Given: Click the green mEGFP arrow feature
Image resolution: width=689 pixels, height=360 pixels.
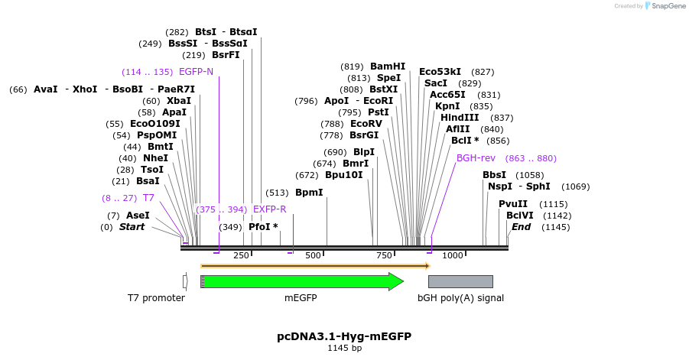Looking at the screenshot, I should (x=301, y=281).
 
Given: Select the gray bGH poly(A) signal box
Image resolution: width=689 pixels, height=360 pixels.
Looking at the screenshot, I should (x=460, y=281).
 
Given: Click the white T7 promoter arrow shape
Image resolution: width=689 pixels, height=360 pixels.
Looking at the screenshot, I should (x=185, y=281).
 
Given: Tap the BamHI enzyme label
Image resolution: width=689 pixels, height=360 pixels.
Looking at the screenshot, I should (x=388, y=66).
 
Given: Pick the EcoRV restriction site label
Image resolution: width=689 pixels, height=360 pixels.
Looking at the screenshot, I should (x=366, y=123).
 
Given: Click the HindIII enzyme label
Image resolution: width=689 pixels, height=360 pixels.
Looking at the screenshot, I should (x=460, y=118).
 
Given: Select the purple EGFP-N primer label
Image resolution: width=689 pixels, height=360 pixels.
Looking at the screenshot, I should (x=196, y=72).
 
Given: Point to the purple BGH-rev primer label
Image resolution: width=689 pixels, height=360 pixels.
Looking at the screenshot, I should (x=476, y=158).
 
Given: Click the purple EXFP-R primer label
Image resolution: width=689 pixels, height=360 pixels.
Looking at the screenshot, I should (x=269, y=209).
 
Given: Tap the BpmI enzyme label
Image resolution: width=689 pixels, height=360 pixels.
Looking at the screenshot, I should (x=309, y=193).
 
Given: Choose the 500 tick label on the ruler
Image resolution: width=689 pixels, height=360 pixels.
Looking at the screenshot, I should (x=313, y=255).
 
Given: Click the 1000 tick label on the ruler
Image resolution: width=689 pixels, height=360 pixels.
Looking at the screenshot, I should (x=453, y=255).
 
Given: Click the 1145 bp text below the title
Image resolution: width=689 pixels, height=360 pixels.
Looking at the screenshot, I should (x=344, y=349).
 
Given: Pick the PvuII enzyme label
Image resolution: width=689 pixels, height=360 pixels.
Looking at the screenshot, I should (x=512, y=204).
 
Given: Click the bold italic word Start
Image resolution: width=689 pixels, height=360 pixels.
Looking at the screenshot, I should (x=132, y=227).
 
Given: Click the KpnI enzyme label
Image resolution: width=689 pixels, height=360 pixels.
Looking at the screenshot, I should (x=447, y=106).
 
